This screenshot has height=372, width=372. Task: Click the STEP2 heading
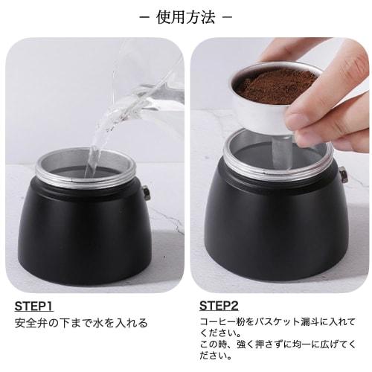(x=219, y=306)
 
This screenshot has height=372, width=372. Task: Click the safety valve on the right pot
(x=344, y=176)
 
